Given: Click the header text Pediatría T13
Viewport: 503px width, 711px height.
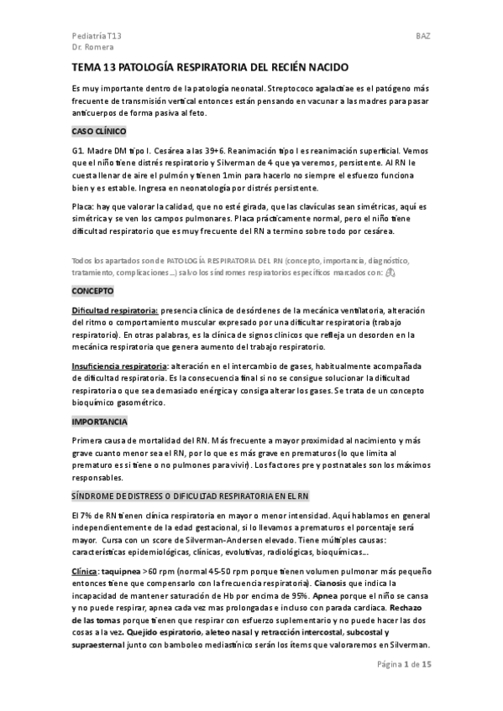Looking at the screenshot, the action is click(x=97, y=38).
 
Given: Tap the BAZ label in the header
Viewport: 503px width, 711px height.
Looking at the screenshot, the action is click(x=423, y=38).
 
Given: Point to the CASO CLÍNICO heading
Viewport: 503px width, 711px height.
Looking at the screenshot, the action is click(x=99, y=132).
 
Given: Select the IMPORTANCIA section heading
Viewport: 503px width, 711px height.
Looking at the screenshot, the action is click(x=100, y=420).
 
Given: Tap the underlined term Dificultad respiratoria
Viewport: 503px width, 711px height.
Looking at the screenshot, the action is click(x=114, y=310).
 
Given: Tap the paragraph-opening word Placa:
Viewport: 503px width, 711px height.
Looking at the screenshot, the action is click(x=84, y=205).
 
